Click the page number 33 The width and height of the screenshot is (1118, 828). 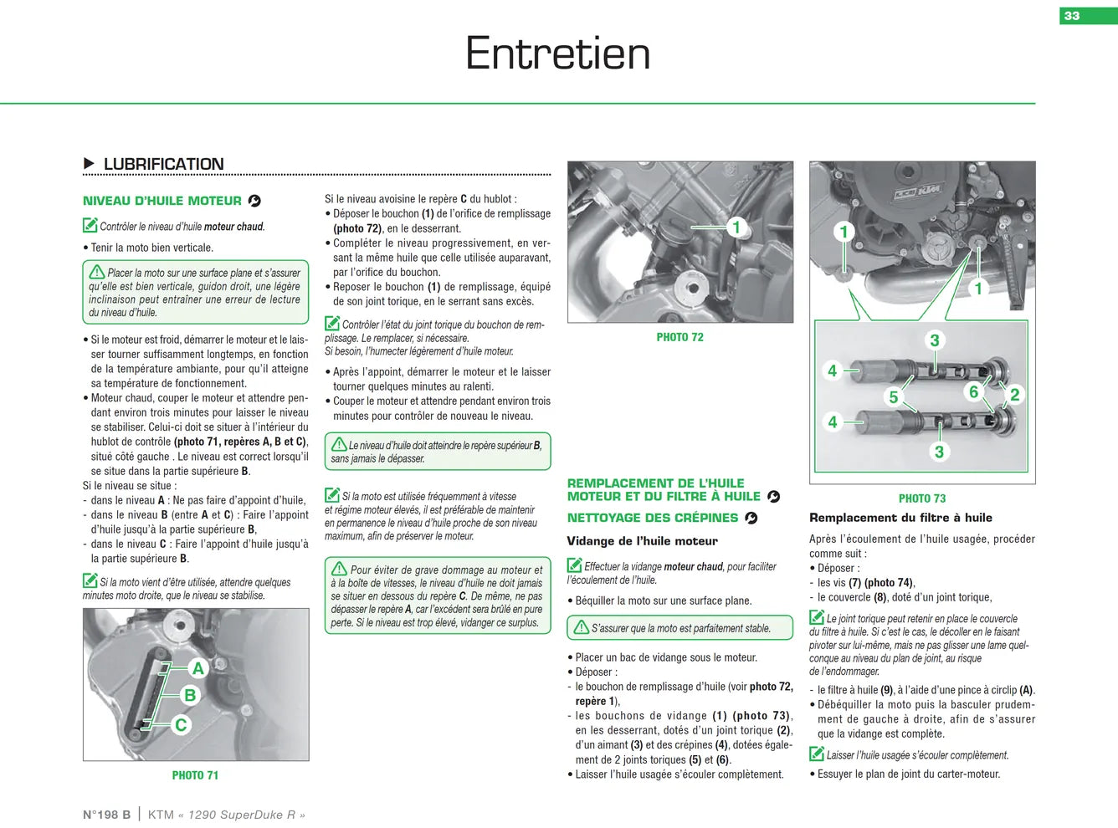1072,16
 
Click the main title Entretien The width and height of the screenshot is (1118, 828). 558,54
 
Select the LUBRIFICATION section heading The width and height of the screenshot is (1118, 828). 163,164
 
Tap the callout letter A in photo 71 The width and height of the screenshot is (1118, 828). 198,668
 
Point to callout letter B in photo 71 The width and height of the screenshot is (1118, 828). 189,696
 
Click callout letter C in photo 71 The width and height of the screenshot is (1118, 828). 181,724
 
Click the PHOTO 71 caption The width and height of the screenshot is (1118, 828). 195,775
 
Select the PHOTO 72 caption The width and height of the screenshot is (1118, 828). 680,337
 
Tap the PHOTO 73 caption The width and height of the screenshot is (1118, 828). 922,498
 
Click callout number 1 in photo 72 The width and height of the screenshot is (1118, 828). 736,227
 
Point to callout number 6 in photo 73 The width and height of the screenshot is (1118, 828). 974,391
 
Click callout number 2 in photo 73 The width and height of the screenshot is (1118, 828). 1014,395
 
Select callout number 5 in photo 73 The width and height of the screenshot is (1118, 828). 893,397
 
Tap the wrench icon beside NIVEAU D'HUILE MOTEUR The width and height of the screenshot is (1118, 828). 254,201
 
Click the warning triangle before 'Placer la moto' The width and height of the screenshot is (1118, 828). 97,272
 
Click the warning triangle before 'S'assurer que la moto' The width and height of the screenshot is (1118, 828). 582,627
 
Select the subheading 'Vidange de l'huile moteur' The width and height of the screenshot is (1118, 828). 642,541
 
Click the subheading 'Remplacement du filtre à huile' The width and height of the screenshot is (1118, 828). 900,518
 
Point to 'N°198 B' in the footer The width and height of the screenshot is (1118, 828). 106,815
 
